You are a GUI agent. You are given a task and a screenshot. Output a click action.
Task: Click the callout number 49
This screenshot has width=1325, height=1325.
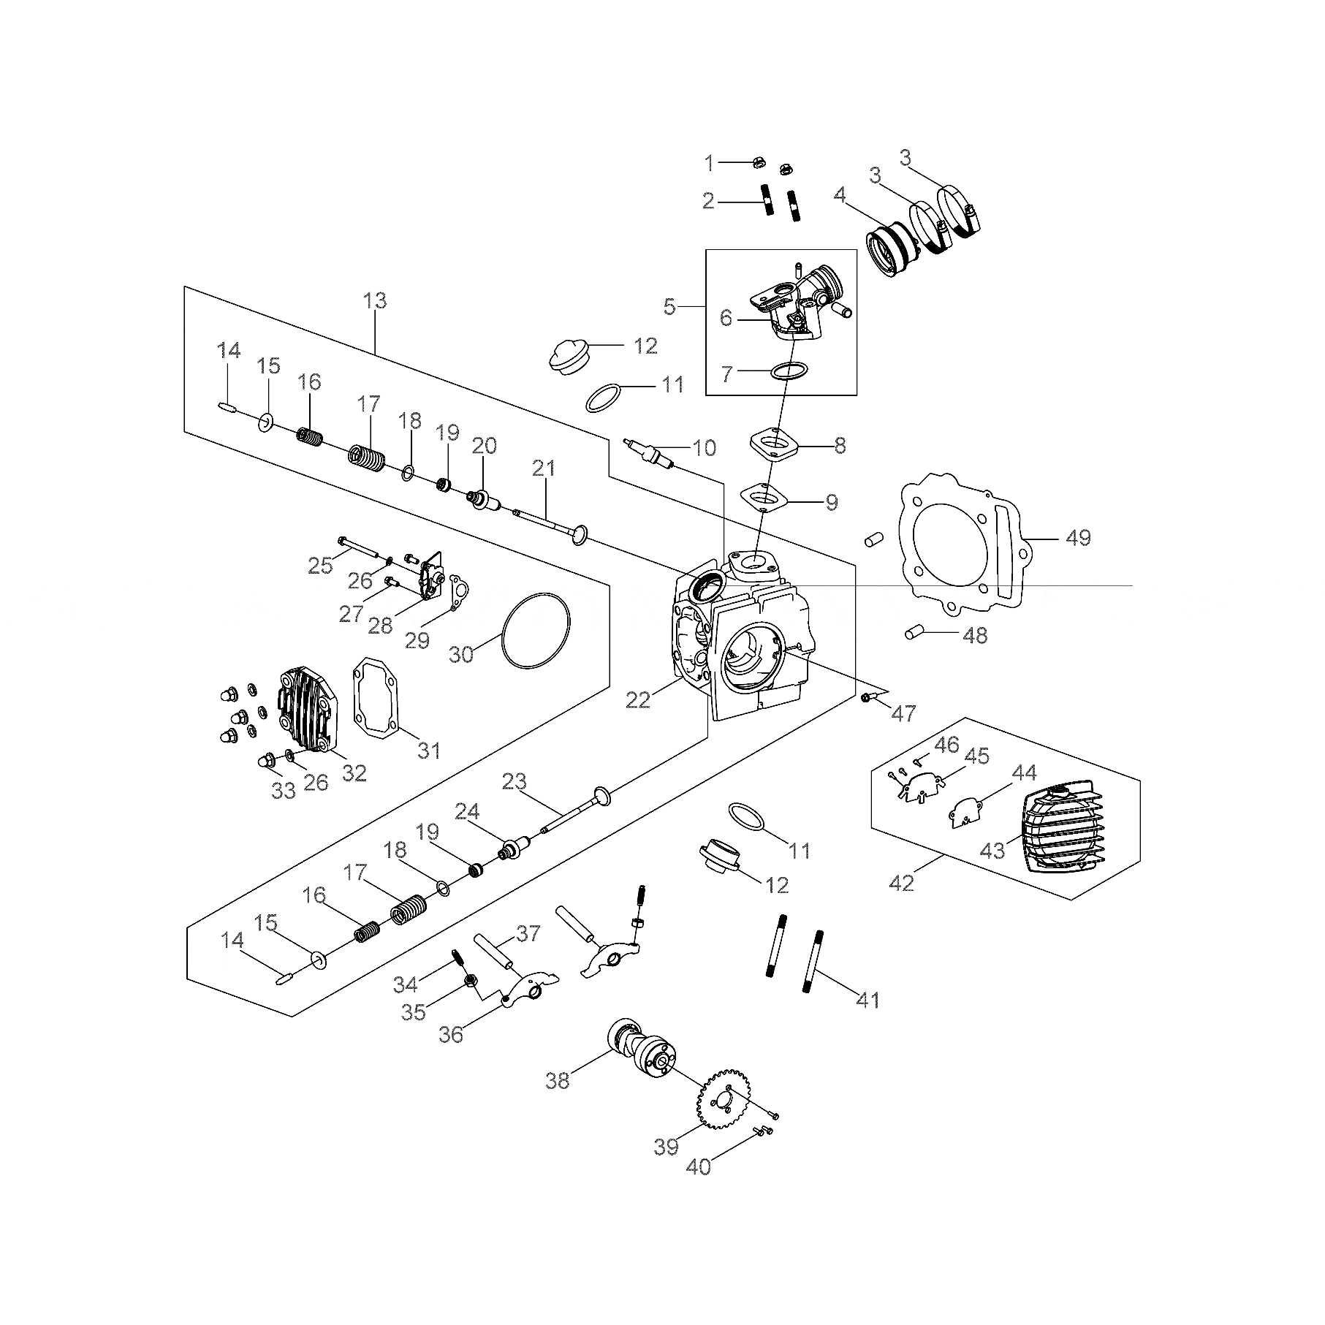1078,538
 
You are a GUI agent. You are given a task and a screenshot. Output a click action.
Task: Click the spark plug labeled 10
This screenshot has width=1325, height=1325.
649,453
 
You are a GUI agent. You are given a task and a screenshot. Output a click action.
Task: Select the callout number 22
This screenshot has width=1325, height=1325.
637,700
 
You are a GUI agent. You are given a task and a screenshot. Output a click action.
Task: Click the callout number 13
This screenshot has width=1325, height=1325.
376,301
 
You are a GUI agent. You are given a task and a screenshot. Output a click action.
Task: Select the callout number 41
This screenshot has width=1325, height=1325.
867,1000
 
